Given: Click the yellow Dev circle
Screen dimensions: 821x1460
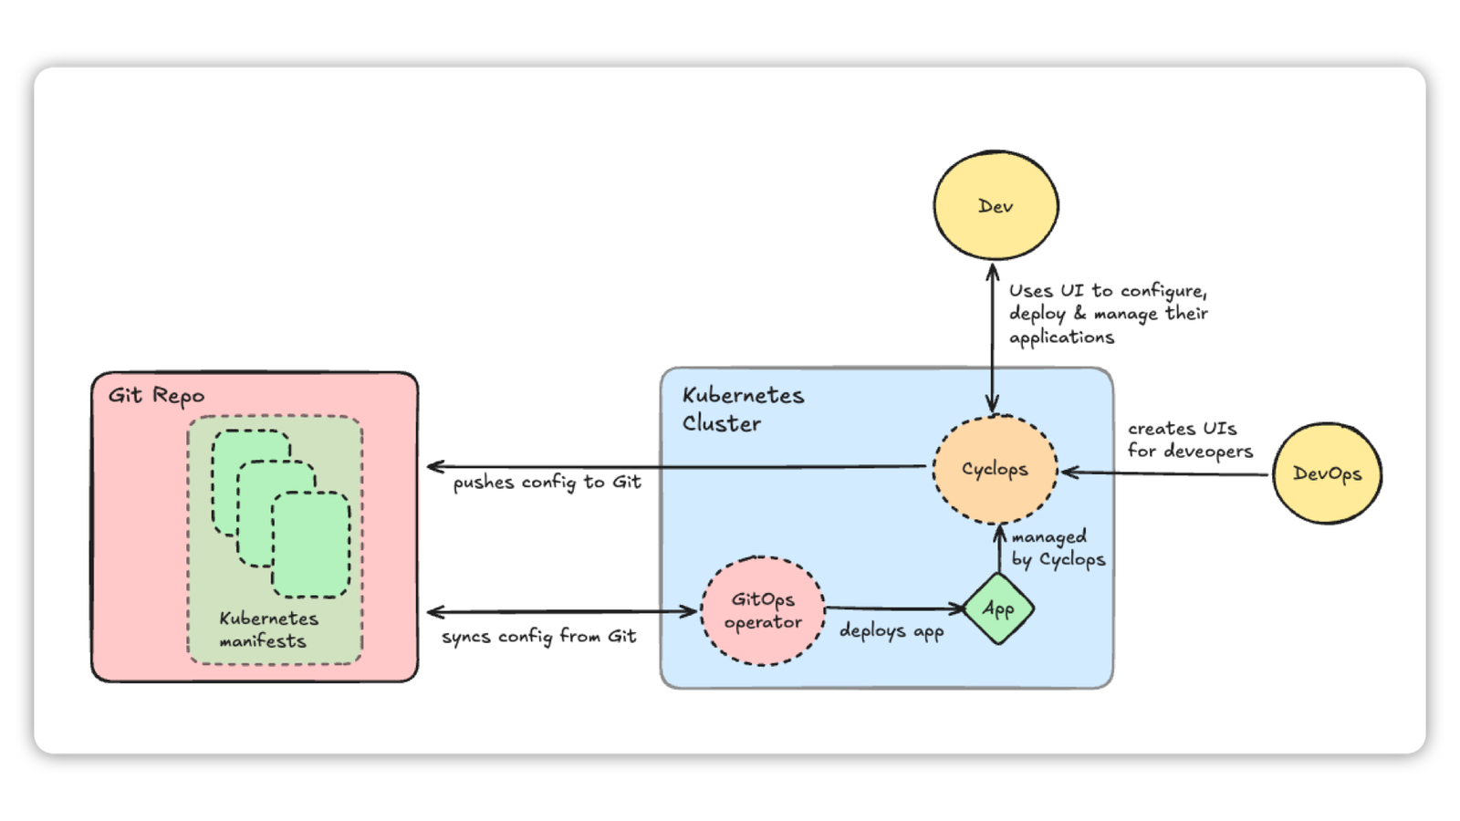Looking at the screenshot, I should point(996,206).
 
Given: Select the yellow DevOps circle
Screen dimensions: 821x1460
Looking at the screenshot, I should point(1327,473).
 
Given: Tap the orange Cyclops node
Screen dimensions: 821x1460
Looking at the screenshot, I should point(995,469).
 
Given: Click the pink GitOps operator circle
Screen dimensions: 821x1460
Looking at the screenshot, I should point(763,610).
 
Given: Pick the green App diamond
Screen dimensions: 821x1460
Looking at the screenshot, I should point(998,608).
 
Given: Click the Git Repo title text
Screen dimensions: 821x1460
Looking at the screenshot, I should point(156,395).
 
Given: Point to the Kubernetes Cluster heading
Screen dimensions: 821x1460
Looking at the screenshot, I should point(743,409).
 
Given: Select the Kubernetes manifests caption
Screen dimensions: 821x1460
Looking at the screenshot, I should point(267,629).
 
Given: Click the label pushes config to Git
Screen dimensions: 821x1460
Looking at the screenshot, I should point(547,483).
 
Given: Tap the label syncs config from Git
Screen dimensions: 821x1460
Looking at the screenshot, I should point(538,637).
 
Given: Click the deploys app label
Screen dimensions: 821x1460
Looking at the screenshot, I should point(892,631).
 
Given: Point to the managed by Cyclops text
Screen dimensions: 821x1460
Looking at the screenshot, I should point(1058,548).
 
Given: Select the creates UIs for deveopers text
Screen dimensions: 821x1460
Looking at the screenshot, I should point(1189,440).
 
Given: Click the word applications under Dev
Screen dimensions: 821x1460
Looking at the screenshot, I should point(1061,338).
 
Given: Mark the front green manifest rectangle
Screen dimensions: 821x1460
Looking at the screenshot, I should point(311,545).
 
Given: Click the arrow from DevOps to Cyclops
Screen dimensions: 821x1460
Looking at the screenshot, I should point(1168,473).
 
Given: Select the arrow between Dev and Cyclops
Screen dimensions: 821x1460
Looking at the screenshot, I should point(993,338).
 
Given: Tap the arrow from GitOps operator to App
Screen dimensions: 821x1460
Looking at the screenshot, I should point(894,608).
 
